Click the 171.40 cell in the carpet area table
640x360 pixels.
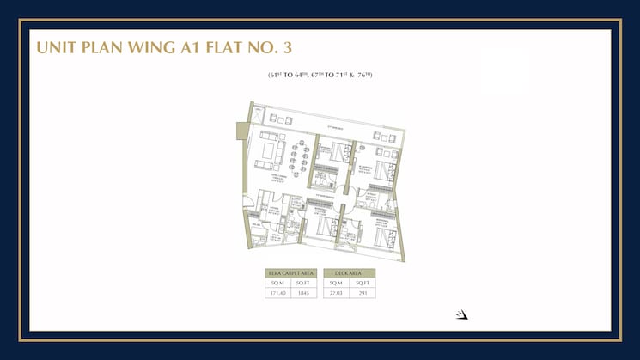[278, 292]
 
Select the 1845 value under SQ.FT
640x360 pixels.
[303, 292]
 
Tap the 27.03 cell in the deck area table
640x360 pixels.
[337, 292]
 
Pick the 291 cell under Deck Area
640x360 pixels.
[363, 292]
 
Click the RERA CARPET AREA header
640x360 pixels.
[291, 272]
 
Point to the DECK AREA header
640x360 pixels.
[350, 272]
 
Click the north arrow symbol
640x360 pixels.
[462, 314]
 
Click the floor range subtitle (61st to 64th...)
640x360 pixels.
[319, 76]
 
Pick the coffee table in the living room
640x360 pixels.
[277, 152]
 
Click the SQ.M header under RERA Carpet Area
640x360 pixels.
[278, 282]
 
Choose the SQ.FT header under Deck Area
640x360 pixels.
[363, 282]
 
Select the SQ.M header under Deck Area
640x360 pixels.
[337, 282]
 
